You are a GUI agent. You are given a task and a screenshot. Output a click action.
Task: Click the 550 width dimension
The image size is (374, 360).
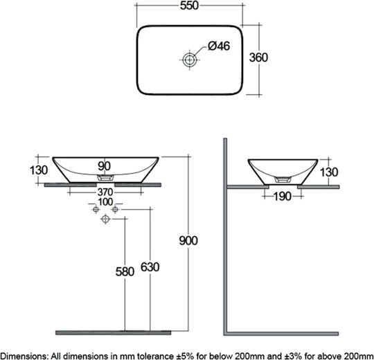189,6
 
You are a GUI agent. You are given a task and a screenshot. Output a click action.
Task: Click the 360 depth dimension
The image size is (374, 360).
258,57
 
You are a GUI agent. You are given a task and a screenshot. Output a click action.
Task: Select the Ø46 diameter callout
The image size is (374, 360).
219,46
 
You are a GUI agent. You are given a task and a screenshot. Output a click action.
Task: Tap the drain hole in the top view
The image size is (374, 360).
189,60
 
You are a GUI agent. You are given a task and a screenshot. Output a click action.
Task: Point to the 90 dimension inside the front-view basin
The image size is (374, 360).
104,166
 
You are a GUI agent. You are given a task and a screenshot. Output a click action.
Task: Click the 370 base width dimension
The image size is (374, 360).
105,192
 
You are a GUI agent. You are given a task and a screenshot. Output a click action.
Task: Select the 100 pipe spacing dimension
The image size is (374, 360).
105,202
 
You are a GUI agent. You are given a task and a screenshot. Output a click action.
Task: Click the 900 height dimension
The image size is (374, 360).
188,240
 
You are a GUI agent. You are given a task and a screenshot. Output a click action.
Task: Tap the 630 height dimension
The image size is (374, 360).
150,267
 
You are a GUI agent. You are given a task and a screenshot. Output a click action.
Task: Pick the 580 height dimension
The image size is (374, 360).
125,272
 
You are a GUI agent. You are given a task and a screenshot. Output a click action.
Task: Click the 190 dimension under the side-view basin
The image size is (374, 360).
283,197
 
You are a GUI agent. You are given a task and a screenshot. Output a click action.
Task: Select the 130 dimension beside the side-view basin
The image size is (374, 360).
329,172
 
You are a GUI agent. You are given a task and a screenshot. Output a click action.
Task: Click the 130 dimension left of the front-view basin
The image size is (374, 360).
39,170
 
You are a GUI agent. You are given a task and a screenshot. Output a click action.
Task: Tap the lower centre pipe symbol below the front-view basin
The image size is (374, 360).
105,219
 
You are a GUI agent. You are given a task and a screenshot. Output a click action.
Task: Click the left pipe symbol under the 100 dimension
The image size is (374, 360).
96,210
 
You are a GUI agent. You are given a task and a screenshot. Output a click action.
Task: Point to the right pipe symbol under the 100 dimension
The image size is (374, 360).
115,210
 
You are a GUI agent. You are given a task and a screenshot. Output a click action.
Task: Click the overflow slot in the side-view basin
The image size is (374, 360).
283,180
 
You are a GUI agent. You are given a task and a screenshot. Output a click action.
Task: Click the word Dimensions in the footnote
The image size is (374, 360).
24,356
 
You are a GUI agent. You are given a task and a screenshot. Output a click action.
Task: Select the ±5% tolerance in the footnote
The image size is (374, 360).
184,356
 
